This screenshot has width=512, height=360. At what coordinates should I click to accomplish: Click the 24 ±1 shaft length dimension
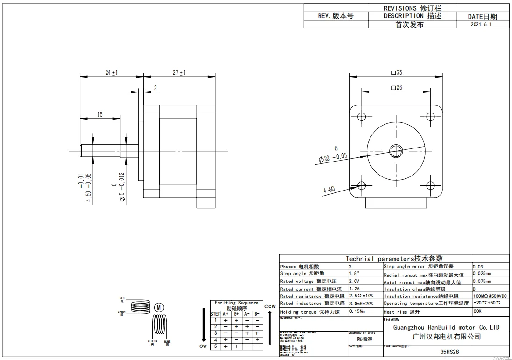tap(111, 72)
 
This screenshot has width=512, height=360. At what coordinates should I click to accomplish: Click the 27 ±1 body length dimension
tap(179, 72)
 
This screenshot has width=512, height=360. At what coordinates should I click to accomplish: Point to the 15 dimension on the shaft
tap(100, 114)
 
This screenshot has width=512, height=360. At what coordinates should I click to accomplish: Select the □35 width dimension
tap(396, 72)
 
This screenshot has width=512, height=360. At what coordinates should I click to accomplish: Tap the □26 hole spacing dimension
tap(396, 87)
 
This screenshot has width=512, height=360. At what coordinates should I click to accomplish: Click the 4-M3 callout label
tap(329, 190)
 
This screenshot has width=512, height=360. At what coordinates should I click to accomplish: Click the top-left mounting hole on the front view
tap(361, 116)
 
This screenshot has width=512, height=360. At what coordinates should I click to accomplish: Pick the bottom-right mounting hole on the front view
tap(431, 185)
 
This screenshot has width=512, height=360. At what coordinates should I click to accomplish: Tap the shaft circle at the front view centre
tap(396, 150)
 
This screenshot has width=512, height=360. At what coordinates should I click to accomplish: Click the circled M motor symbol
tap(159, 307)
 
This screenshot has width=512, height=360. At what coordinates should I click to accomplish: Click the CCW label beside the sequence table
tap(270, 306)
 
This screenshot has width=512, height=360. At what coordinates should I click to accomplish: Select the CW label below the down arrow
tap(203, 346)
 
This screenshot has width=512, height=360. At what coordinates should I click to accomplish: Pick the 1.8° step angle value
tap(355, 273)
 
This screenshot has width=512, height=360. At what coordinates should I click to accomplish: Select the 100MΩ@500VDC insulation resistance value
tap(490, 296)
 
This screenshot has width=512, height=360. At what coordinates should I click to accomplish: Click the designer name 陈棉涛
tap(365, 339)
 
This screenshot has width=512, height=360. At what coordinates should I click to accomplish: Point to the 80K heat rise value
tap(477, 311)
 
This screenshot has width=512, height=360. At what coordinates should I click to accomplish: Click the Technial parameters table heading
tap(394, 258)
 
